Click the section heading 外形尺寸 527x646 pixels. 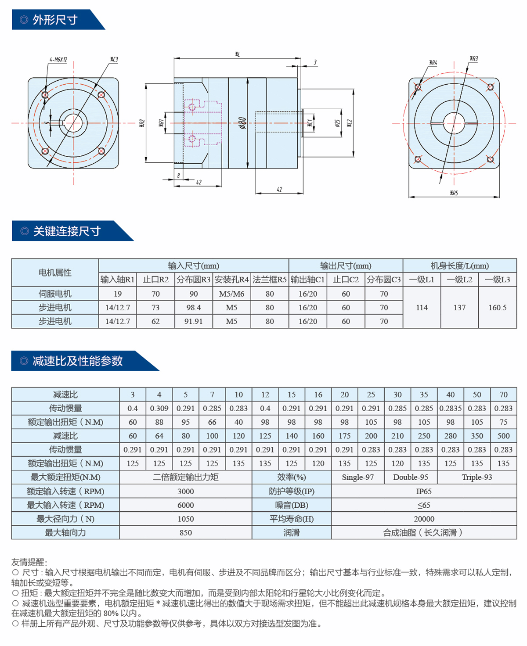55,20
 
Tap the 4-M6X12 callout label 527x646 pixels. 58,59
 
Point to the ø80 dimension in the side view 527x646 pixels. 242,123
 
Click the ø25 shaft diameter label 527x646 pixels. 337,123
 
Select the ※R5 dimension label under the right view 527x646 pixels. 454,193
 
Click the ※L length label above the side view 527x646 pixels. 237,54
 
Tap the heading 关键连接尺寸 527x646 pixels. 67,231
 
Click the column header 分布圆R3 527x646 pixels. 193,280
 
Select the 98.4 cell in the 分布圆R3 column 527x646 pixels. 193,307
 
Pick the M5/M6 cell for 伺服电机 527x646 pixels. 231,294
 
